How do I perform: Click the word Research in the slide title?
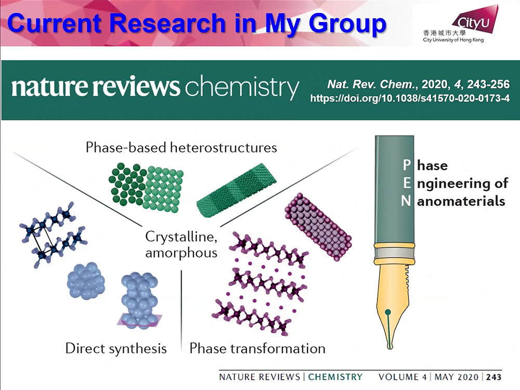pos(168,23)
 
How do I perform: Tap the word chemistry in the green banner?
pos(242,87)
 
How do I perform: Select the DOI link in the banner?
pos(410,98)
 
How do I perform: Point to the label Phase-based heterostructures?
pos(181,147)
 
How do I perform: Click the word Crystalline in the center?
pos(181,237)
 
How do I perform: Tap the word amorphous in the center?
pos(181,253)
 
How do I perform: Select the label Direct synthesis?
pos(116,348)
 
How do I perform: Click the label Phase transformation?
pos(257,348)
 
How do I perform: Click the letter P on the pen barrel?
pos(407,165)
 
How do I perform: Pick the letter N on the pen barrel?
pos(406,201)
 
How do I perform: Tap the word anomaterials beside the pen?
pos(461,201)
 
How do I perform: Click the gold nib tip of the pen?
pos(390,347)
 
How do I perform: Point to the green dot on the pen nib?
pos(388,311)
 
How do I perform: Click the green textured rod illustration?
pos(236,190)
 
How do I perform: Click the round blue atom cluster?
pos(86,281)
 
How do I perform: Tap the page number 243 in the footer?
pos(494,377)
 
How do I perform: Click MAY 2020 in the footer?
pos(457,377)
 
